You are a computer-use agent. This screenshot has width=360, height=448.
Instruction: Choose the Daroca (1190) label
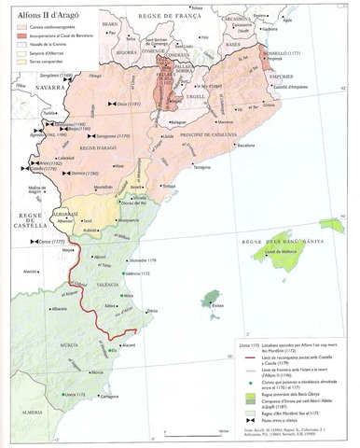click(84, 175)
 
